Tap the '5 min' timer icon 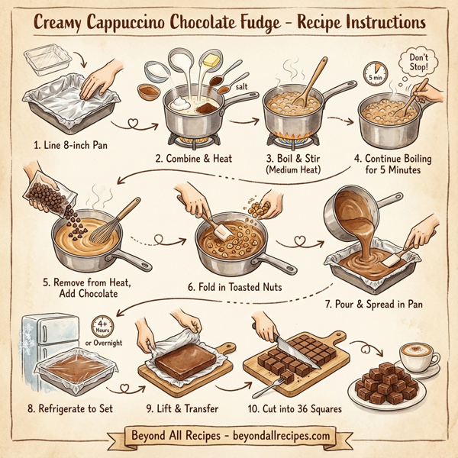point(376,76)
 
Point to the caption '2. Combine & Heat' point(191,159)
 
